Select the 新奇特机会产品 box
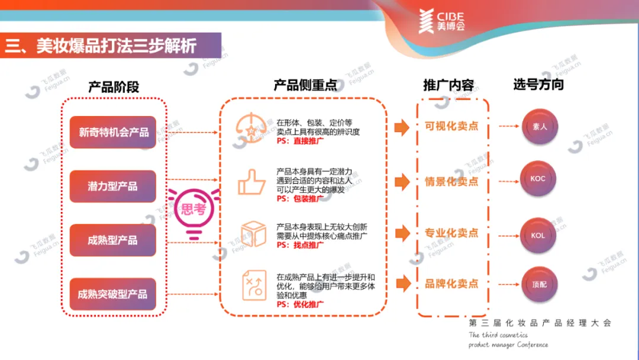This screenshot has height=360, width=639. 113,132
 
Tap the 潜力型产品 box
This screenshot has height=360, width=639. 113,187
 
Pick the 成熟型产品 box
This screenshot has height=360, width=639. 113,240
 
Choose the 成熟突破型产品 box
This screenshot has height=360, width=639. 113,294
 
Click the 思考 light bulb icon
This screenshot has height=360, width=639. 193,210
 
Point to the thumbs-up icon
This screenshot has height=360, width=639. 251,182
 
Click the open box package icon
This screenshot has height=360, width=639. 253,233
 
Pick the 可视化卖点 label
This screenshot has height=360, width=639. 451,126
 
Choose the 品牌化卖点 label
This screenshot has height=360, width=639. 451,284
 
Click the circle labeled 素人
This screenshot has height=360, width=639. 540,127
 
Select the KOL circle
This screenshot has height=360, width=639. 538,236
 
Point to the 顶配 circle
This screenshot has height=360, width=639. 540,285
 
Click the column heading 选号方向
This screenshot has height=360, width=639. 538,85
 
